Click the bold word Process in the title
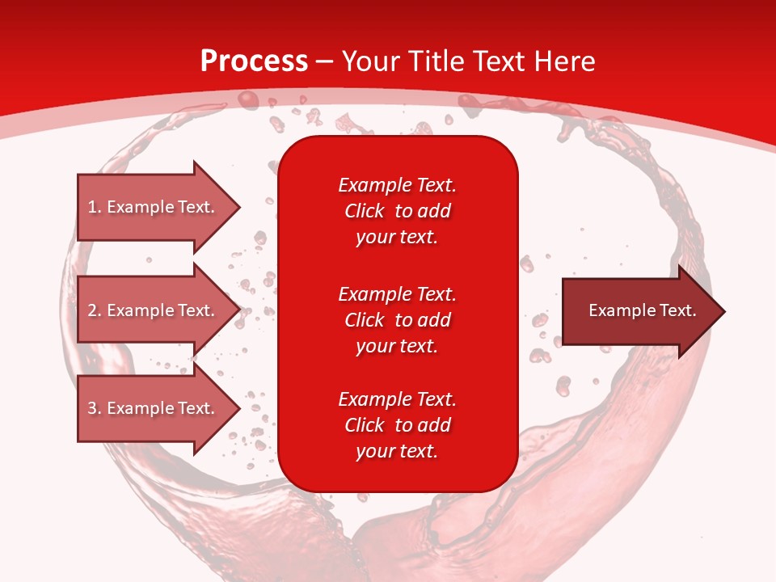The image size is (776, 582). tap(254, 61)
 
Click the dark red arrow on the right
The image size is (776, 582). tap(639, 311)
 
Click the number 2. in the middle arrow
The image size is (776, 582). tap(95, 310)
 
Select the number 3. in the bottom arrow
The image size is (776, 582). tap(95, 408)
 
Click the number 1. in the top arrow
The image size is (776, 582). tap(95, 207)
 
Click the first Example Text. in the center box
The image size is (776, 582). tap(397, 185)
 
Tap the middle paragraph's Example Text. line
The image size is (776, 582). tap(397, 293)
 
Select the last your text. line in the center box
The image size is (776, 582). tap(397, 451)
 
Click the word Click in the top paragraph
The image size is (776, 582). tap(364, 211)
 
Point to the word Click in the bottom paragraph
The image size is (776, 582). tap(364, 425)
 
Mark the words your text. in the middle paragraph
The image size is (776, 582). tap(397, 346)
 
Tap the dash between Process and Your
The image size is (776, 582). tap(325, 62)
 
